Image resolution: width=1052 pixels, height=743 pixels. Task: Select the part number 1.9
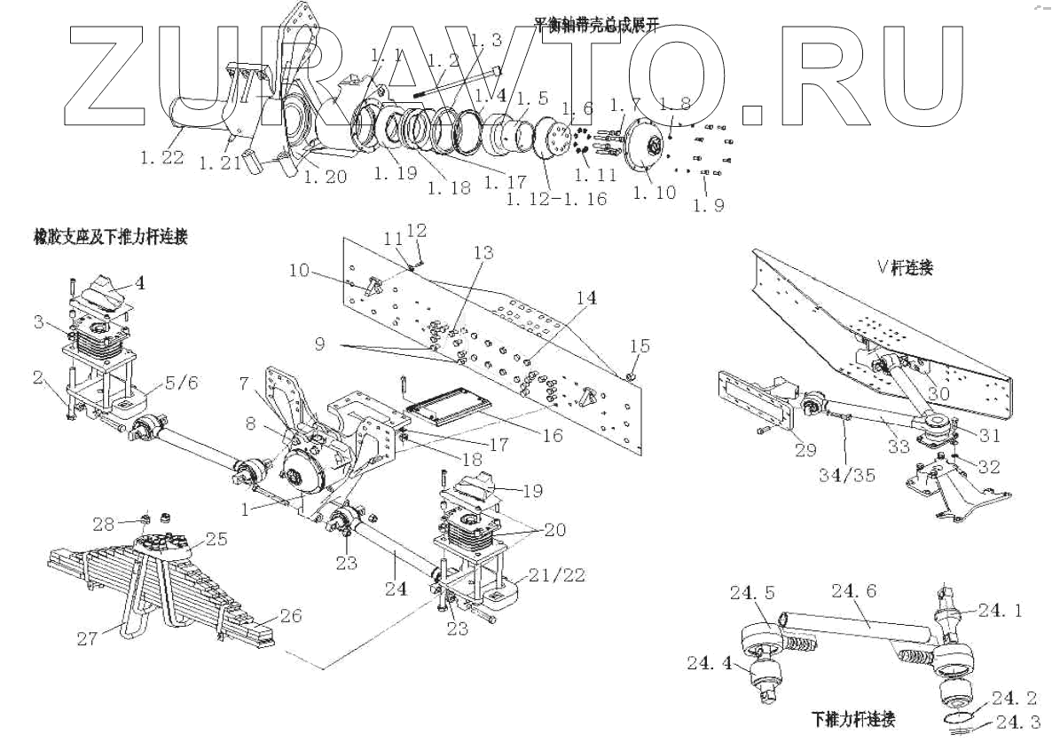(x=709, y=207)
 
